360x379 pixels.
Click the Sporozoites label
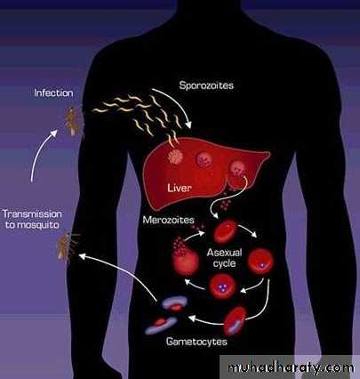pos(206,85)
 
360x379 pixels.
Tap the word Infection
pos(53,93)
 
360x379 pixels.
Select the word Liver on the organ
pos(180,188)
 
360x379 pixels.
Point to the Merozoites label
pos(168,220)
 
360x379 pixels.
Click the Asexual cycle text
pos(224,258)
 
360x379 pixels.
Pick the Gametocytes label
pos(196,342)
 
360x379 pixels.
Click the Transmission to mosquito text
pos(32,219)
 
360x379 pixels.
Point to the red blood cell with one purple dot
pos(260,262)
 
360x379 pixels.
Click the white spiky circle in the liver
pos(175,157)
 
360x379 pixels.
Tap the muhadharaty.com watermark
pos(291,367)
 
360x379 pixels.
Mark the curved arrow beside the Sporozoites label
pos(177,103)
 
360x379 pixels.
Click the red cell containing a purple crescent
pos(235,321)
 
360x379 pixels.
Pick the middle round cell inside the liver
pos(204,159)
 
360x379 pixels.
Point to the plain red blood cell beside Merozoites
pos(225,231)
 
